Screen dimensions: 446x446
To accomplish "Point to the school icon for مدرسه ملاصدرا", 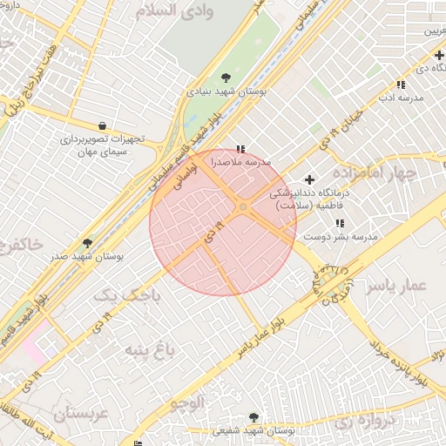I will tap(240, 149).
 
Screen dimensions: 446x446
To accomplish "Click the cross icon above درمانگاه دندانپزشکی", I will tap(309, 179).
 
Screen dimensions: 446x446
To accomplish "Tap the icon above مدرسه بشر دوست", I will tap(339, 224).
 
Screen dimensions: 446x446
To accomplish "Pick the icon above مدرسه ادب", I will tap(400, 84).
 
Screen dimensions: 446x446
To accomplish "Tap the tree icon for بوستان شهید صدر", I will tap(86, 243).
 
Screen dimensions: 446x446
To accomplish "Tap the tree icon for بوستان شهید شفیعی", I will tap(253, 417).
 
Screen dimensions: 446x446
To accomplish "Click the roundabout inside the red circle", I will tap(242, 206).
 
